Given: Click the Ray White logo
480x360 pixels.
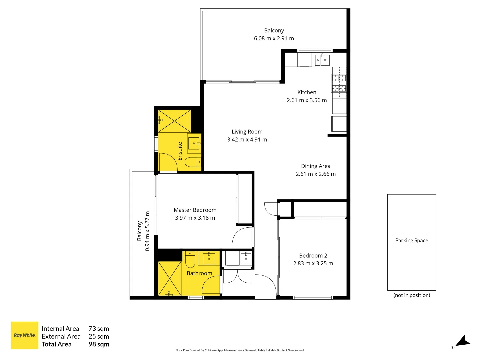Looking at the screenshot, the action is pyautogui.click(x=24, y=335).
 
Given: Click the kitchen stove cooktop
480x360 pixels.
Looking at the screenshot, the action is pyautogui.click(x=339, y=83).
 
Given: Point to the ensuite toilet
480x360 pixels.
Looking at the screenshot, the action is pyautogui.click(x=193, y=162).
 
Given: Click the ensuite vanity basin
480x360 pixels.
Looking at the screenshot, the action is pyautogui.click(x=194, y=143).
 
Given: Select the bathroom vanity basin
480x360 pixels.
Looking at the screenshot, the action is pyautogui.click(x=209, y=258).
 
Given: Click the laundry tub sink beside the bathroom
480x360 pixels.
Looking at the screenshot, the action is pyautogui.click(x=246, y=258).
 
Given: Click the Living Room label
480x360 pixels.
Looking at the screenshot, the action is pyautogui.click(x=247, y=132).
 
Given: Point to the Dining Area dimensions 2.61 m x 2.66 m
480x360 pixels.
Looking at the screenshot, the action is pyautogui.click(x=316, y=174).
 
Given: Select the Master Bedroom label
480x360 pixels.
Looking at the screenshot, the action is pyautogui.click(x=195, y=210).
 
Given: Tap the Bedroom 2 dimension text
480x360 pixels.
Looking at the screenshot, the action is pyautogui.click(x=313, y=263).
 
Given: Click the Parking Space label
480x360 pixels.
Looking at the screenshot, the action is pyautogui.click(x=412, y=240).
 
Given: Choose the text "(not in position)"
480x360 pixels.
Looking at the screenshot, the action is pyautogui.click(x=412, y=295).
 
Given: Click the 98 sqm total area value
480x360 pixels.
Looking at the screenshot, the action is pyautogui.click(x=99, y=344).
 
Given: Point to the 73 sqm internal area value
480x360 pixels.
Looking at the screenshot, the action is pyautogui.click(x=99, y=329).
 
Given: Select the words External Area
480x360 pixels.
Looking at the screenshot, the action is pyautogui.click(x=61, y=336).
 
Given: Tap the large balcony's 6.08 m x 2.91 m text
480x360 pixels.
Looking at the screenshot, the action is pyautogui.click(x=274, y=38).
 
